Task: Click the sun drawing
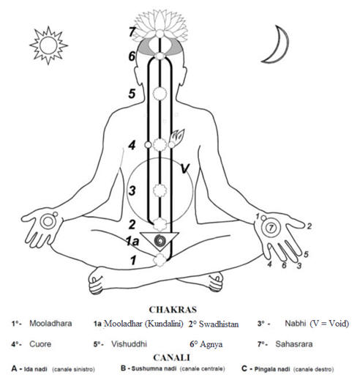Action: click(x=48, y=45)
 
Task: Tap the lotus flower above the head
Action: click(x=160, y=24)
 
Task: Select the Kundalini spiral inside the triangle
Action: click(x=160, y=241)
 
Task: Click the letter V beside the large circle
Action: click(x=185, y=168)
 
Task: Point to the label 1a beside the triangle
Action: click(x=132, y=242)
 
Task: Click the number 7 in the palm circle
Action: click(x=271, y=228)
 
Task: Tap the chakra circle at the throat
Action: click(x=160, y=93)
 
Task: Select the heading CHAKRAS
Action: click(x=173, y=310)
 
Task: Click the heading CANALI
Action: click(x=171, y=357)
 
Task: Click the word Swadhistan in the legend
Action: click(x=219, y=324)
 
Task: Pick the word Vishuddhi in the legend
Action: click(x=129, y=344)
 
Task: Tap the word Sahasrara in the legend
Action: click(x=294, y=344)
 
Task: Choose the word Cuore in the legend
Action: click(x=40, y=344)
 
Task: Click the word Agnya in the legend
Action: click(x=211, y=344)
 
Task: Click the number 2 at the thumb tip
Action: click(x=310, y=226)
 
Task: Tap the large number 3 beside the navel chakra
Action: click(x=132, y=190)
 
